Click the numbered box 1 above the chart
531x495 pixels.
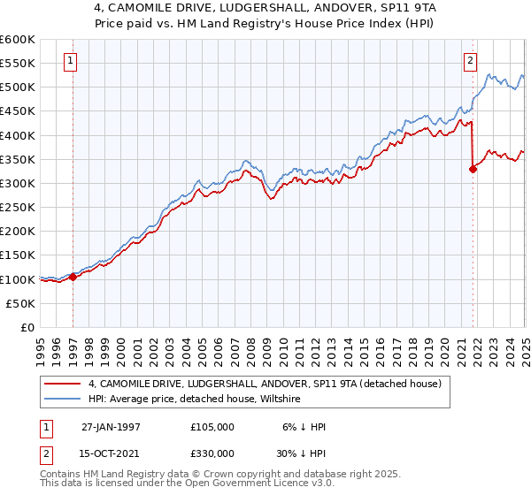pyautogui.click(x=70, y=61)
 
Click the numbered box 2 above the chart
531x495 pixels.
pyautogui.click(x=470, y=61)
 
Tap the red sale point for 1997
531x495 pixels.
pyautogui.click(x=73, y=277)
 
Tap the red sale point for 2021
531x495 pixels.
pyautogui.click(x=473, y=170)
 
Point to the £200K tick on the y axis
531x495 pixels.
pyautogui.click(x=18, y=231)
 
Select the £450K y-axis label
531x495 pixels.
pyautogui.click(x=18, y=111)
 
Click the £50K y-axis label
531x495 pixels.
pyautogui.click(x=21, y=303)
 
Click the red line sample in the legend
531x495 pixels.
pyautogui.click(x=62, y=385)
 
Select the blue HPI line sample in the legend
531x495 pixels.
pyautogui.click(x=62, y=400)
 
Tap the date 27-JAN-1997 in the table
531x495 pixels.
pyautogui.click(x=111, y=427)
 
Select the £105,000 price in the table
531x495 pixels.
pyautogui.click(x=212, y=427)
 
